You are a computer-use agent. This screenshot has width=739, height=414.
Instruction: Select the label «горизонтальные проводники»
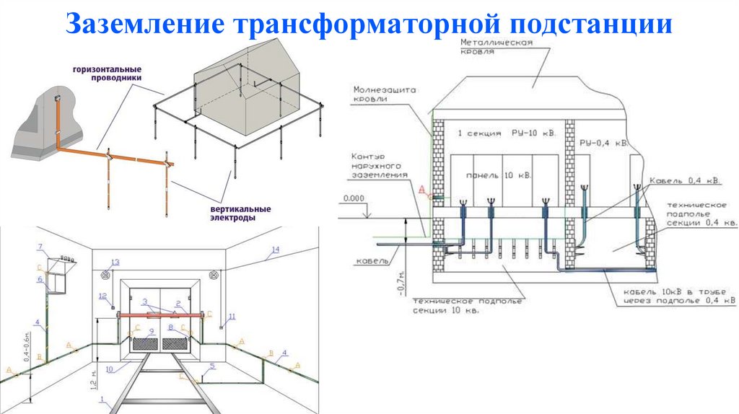tap(106, 74)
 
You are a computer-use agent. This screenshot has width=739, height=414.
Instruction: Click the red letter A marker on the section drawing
tap(421, 188)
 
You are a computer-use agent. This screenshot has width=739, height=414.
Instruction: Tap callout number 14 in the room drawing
tap(274, 250)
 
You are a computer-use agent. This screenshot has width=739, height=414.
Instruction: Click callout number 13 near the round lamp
tap(114, 262)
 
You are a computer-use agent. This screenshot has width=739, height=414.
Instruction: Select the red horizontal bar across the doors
tap(162, 314)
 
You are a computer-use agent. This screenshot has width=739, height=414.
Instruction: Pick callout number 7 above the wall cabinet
tap(41, 247)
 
